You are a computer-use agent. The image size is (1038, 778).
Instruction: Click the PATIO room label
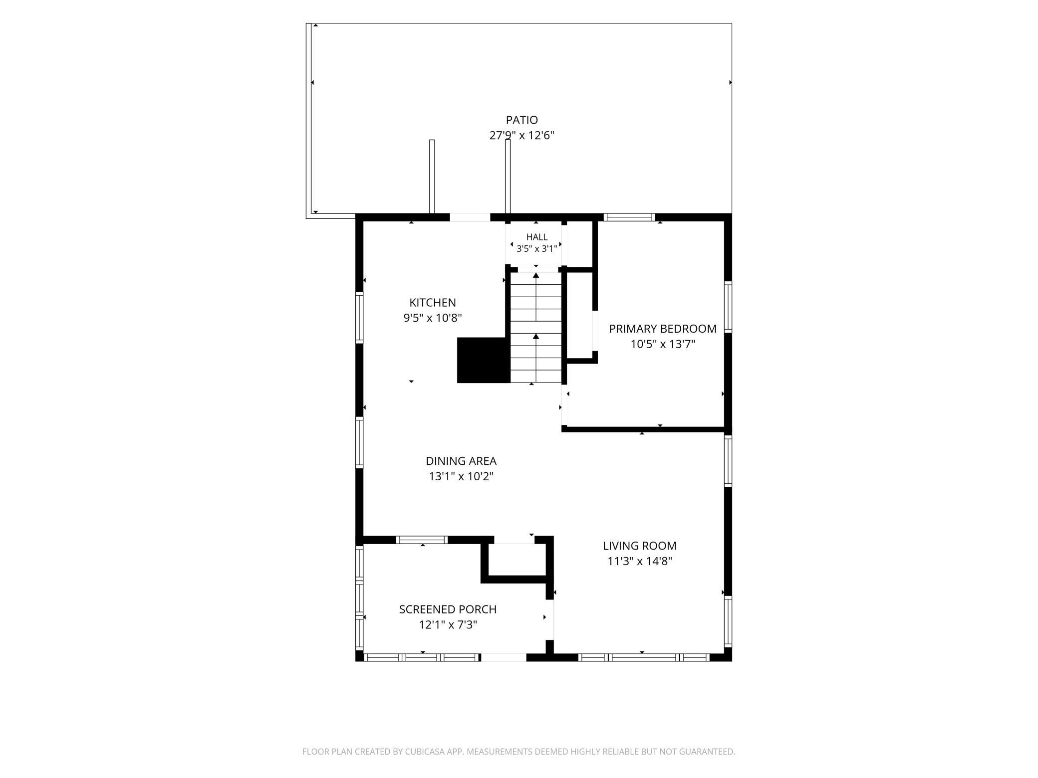pyautogui.click(x=521, y=120)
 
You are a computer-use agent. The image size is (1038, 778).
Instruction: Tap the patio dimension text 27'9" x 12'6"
pyautogui.click(x=521, y=135)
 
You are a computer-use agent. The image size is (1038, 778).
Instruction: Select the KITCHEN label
pyautogui.click(x=433, y=303)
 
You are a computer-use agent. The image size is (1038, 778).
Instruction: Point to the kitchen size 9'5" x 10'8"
pyautogui.click(x=433, y=318)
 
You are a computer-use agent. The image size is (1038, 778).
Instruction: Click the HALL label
pyautogui.click(x=536, y=237)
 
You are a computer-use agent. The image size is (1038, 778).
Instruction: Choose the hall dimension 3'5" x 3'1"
pyautogui.click(x=536, y=249)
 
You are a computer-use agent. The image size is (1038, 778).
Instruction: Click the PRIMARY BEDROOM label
pyautogui.click(x=663, y=329)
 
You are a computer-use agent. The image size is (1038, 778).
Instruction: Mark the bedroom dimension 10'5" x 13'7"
pyautogui.click(x=663, y=344)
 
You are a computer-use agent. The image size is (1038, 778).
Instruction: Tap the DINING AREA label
pyautogui.click(x=461, y=461)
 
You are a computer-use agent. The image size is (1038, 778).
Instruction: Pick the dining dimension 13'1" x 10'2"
pyautogui.click(x=461, y=476)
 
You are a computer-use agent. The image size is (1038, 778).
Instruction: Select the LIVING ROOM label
pyautogui.click(x=640, y=546)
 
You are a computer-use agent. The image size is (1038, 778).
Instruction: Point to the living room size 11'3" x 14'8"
pyautogui.click(x=640, y=561)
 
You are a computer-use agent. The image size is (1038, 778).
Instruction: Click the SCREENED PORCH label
pyautogui.click(x=448, y=609)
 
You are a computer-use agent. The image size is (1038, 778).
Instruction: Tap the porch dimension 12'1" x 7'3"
pyautogui.click(x=448, y=624)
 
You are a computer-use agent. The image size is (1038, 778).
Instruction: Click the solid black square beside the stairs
pyautogui.click(x=484, y=360)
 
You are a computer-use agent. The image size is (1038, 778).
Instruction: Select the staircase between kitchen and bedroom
pyautogui.click(x=536, y=328)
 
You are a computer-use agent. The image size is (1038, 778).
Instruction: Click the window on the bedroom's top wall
pyautogui.click(x=629, y=217)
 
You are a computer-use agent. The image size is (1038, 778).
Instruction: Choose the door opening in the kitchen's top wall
pyautogui.click(x=470, y=217)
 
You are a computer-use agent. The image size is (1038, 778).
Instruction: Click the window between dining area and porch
pyautogui.click(x=422, y=540)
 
